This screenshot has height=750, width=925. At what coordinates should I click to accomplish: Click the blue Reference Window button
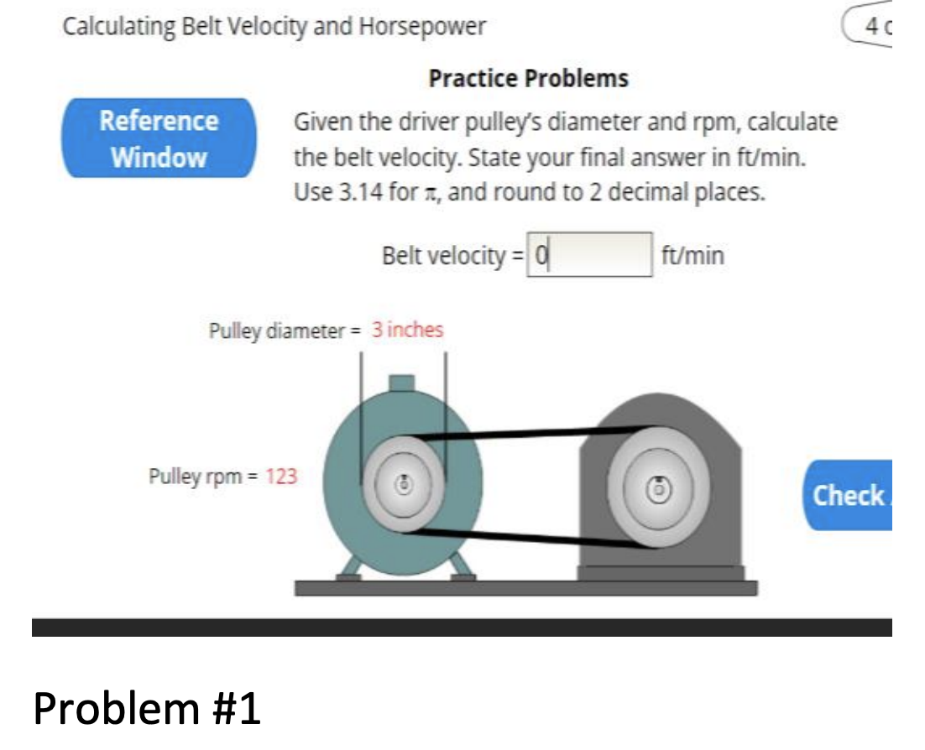pos(159,138)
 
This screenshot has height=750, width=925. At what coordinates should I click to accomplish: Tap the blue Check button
pos(849,495)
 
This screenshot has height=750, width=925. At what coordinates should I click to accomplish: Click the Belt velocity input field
pos(589,253)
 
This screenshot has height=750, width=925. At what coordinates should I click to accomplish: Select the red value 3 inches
pos(407,330)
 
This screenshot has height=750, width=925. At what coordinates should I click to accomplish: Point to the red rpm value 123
pos(281,477)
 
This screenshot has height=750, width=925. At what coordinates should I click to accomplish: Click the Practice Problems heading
pos(528,79)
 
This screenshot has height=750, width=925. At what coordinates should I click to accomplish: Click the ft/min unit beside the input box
pos(692,254)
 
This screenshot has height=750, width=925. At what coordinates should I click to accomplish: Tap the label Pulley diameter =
pos(284,331)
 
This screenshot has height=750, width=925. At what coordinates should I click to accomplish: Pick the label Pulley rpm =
pos(204,477)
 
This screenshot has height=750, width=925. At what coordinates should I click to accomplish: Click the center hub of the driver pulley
pos(403,484)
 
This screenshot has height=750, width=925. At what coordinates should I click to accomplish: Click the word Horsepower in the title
pos(422,27)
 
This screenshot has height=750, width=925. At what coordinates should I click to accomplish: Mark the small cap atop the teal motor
pos(402,383)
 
